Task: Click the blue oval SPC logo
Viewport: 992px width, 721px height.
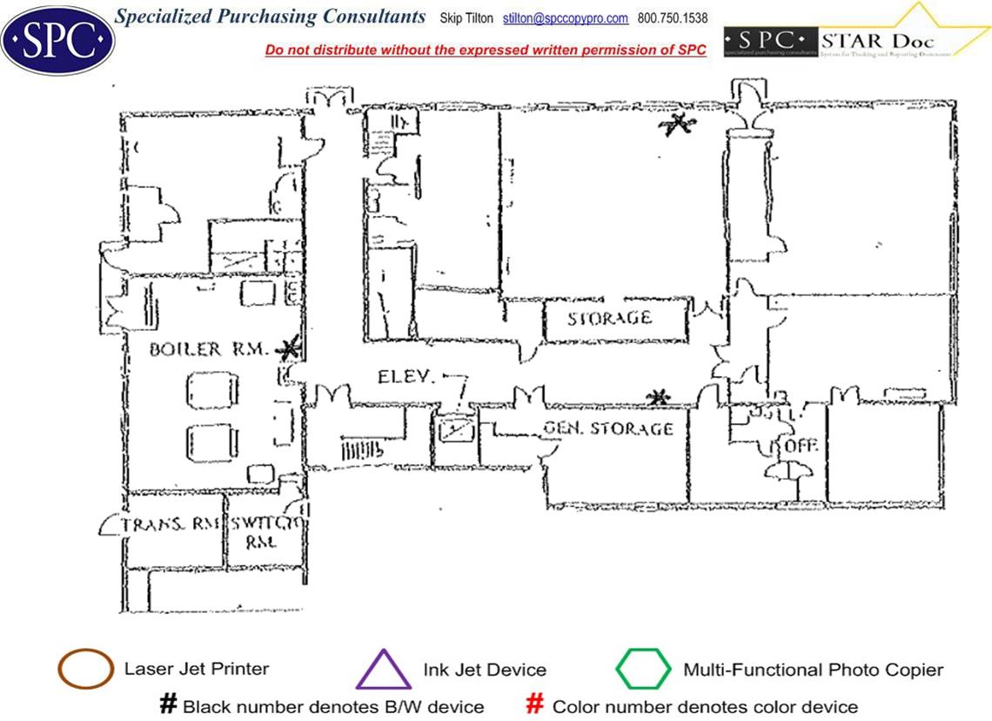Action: [x=58, y=38]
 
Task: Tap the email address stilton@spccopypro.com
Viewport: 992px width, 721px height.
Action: [x=566, y=18]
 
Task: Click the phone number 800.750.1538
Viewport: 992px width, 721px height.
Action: [x=673, y=18]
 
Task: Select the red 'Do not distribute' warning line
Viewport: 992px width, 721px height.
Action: [x=486, y=51]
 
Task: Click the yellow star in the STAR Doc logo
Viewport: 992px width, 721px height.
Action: [x=936, y=26]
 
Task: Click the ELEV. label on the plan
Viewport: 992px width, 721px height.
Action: [x=406, y=377]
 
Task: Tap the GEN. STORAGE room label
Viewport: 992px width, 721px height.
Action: [x=608, y=428]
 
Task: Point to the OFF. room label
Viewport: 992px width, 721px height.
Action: [x=801, y=445]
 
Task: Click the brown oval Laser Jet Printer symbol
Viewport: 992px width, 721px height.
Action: [x=85, y=670]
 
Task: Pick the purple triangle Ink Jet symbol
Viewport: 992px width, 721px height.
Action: [x=384, y=670]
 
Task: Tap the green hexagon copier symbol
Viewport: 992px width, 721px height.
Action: [x=643, y=670]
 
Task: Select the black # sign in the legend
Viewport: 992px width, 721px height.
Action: [x=168, y=704]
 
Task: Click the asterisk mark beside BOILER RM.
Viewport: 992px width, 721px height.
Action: [x=290, y=349]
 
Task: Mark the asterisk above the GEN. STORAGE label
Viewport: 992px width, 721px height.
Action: [x=659, y=398]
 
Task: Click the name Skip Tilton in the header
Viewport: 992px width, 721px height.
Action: [x=466, y=18]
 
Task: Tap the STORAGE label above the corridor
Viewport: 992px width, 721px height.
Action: [x=609, y=318]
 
